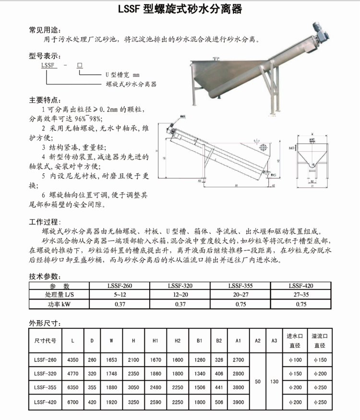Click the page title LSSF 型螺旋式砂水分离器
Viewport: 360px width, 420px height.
[x=180, y=10]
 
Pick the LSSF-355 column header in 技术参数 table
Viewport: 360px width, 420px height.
[x=240, y=286]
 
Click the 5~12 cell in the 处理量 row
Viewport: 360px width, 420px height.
[x=120, y=295]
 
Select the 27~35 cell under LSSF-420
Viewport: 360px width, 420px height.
[x=301, y=295]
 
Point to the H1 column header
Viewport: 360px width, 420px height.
[x=155, y=341]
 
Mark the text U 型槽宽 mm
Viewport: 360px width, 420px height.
[x=122, y=75]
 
